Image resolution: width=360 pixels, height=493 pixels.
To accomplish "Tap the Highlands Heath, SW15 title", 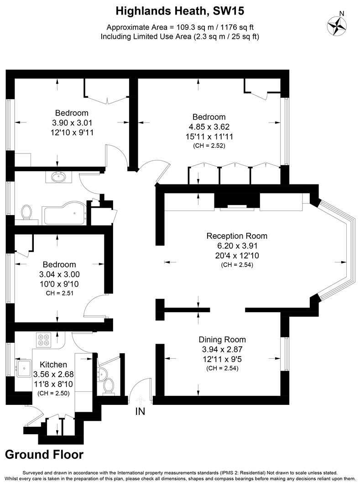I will pyautogui.click(x=180, y=10).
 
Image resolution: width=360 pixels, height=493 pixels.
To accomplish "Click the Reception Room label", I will pyautogui.click(x=237, y=236).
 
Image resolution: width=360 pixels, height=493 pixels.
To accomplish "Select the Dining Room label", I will pyautogui.click(x=222, y=340).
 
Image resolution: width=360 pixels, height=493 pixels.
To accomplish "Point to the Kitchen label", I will pyautogui.click(x=53, y=364).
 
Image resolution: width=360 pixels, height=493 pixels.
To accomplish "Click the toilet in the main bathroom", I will pyautogui.click(x=27, y=212).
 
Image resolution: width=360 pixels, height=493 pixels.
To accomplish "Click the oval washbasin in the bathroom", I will pyautogui.click(x=58, y=177).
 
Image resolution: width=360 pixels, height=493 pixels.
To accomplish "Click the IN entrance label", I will pyautogui.click(x=140, y=411).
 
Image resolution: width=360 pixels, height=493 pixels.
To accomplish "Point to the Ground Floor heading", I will pyautogui.click(x=44, y=454).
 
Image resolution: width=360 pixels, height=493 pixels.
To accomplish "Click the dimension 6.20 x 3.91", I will pyautogui.click(x=237, y=246).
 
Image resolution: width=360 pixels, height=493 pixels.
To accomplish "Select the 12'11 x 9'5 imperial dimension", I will pyautogui.click(x=222, y=359).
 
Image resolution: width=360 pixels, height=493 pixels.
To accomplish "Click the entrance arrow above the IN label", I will pyautogui.click(x=140, y=400).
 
